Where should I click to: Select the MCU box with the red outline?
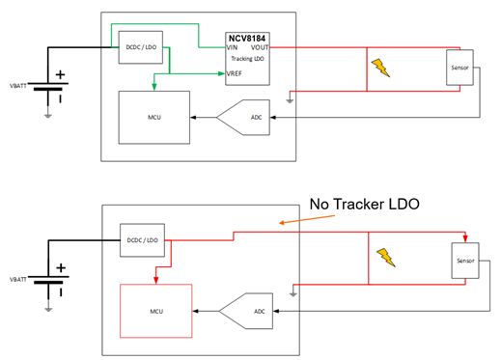(x=154, y=310)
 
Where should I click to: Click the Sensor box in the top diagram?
(x=459, y=67)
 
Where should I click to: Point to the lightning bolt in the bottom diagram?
(x=386, y=257)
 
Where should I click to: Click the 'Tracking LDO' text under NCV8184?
(x=247, y=58)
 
